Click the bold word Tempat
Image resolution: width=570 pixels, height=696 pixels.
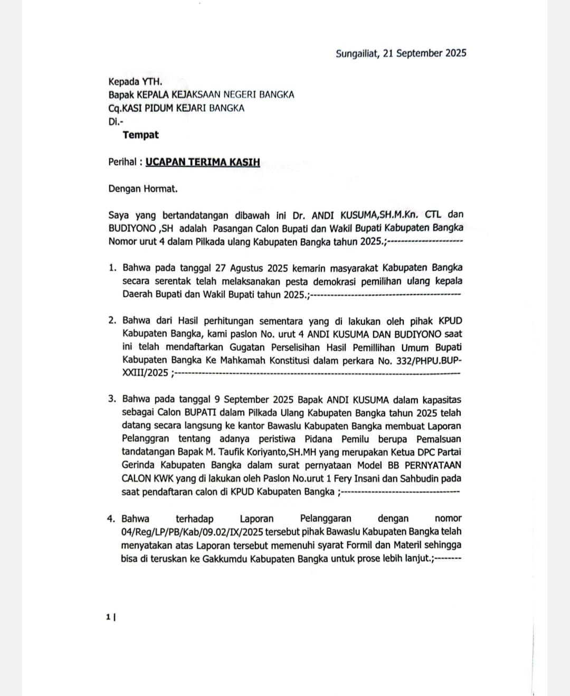[140, 135]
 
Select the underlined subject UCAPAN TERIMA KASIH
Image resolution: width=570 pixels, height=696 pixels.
[203, 162]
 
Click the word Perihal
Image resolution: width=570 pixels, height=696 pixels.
[122, 162]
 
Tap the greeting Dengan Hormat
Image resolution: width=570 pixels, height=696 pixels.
[143, 189]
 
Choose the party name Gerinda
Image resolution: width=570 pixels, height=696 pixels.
[138, 465]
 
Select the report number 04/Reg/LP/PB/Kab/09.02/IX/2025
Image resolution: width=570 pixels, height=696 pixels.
[193, 532]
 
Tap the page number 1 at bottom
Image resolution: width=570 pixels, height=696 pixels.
[108, 616]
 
